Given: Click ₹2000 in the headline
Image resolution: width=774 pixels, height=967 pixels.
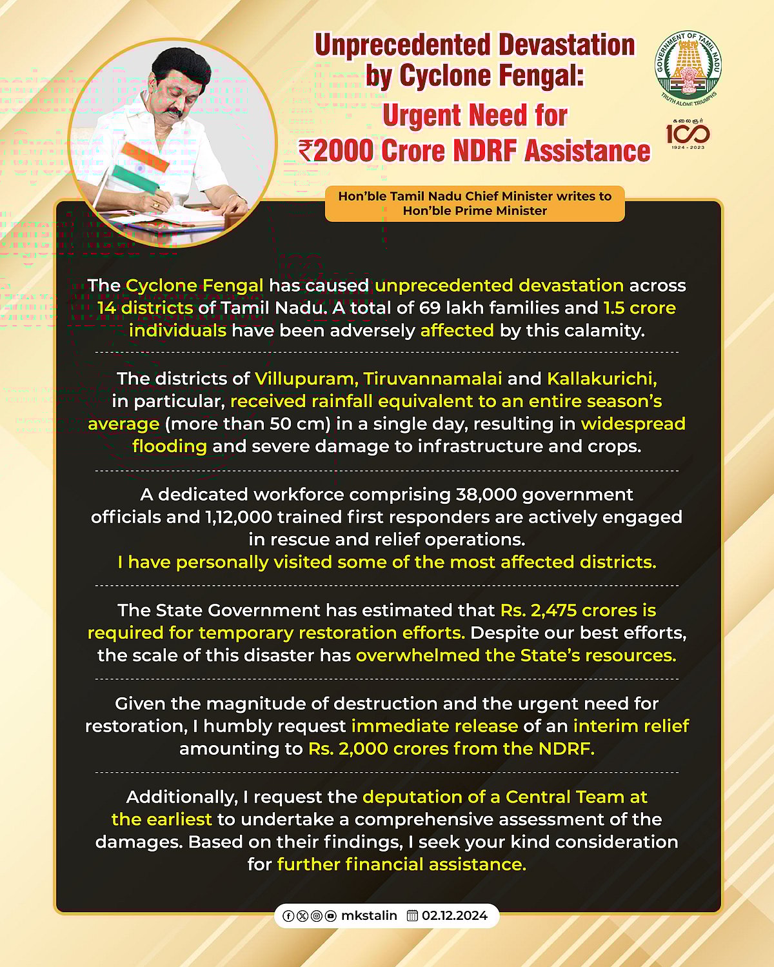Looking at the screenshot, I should click(x=336, y=151).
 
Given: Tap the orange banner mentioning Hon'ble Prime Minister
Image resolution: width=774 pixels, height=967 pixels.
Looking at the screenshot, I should click(x=475, y=203).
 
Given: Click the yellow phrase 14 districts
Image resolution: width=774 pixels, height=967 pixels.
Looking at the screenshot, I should click(x=145, y=308).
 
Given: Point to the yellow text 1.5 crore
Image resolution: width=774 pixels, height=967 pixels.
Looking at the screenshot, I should click(x=639, y=308).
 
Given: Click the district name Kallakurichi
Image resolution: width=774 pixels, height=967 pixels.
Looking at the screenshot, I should click(x=602, y=378).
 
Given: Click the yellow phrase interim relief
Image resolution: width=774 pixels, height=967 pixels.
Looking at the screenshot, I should click(x=631, y=726).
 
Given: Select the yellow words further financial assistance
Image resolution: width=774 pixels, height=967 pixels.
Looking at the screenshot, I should click(x=401, y=864).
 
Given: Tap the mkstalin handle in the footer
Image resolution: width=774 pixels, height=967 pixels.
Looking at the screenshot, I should click(x=369, y=915).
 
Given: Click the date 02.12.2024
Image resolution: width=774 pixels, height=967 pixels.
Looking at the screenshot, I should click(x=455, y=915).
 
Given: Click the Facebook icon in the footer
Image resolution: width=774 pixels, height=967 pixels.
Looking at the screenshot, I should click(x=288, y=916).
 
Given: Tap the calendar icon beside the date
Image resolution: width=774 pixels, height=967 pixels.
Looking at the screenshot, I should click(x=413, y=915).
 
